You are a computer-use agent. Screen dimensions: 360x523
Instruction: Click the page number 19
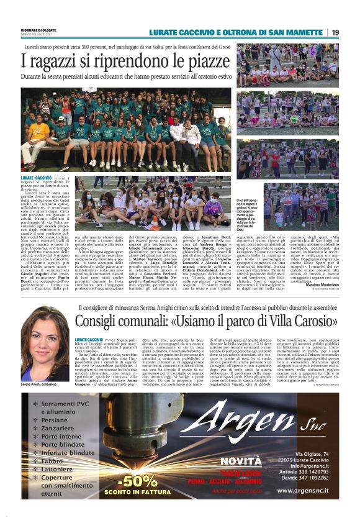[335, 32]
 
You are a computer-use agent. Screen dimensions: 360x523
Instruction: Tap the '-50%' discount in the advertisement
[138, 480]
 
